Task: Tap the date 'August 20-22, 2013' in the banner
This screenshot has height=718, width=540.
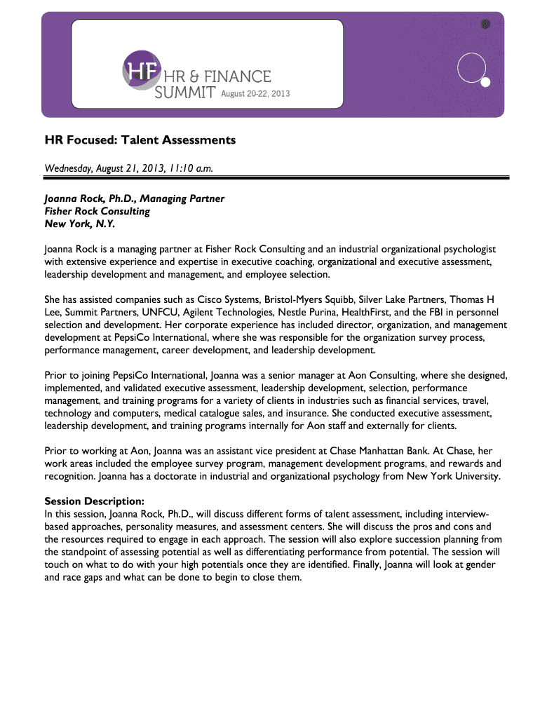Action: pyautogui.click(x=255, y=93)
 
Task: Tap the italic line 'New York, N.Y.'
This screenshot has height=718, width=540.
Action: pyautogui.click(x=79, y=224)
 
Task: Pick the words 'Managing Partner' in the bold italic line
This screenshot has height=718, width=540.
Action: pyautogui.click(x=185, y=198)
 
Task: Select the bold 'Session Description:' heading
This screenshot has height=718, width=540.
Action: pyautogui.click(x=95, y=501)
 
